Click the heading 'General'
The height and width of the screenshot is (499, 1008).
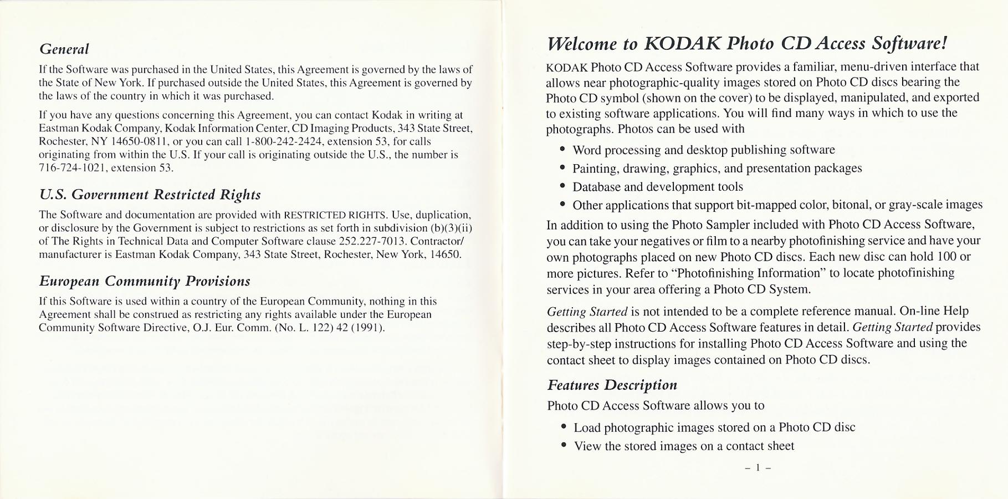(64, 49)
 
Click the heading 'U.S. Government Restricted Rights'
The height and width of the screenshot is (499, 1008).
(150, 195)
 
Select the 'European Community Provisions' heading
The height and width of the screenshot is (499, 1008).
(144, 281)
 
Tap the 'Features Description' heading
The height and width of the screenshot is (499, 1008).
(612, 385)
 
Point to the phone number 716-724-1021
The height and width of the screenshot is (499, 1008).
(73, 168)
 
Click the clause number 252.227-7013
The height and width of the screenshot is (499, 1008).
(372, 241)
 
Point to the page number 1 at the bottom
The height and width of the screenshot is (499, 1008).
(758, 468)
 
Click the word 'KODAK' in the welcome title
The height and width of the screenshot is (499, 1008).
(682, 43)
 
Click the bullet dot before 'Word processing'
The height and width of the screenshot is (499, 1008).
(562, 149)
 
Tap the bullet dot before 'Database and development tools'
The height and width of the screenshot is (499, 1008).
(562, 186)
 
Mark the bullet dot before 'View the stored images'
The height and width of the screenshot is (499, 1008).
(564, 445)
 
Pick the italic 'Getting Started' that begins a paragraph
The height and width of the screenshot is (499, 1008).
(587, 312)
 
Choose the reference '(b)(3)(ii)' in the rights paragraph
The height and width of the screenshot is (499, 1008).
(451, 228)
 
